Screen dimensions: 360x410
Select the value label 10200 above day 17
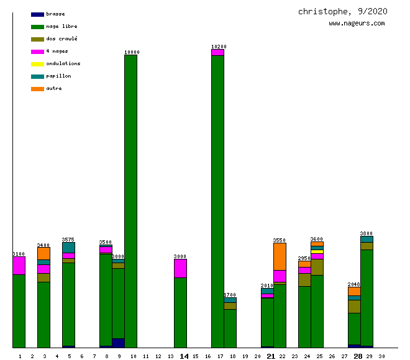219,47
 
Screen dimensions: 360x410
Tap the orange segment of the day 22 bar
280,256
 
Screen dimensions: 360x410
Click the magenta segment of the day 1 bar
19,266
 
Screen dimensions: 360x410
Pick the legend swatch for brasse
37,14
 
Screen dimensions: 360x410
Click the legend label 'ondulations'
63,63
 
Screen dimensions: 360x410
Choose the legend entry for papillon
58,76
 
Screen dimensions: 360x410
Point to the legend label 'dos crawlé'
61,38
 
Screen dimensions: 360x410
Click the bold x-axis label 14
184,356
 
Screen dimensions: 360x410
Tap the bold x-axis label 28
358,356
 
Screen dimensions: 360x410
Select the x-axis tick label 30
381,356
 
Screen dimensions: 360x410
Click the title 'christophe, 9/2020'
343,11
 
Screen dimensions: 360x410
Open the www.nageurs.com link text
357,24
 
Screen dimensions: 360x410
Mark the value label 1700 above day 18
230,295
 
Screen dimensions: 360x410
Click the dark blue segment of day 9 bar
118,343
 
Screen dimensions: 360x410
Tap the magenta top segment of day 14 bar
180,268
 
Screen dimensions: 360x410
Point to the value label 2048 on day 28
354,284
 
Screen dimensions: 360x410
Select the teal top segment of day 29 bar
367,239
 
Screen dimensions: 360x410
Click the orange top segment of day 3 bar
43,253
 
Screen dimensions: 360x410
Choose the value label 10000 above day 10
132,52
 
